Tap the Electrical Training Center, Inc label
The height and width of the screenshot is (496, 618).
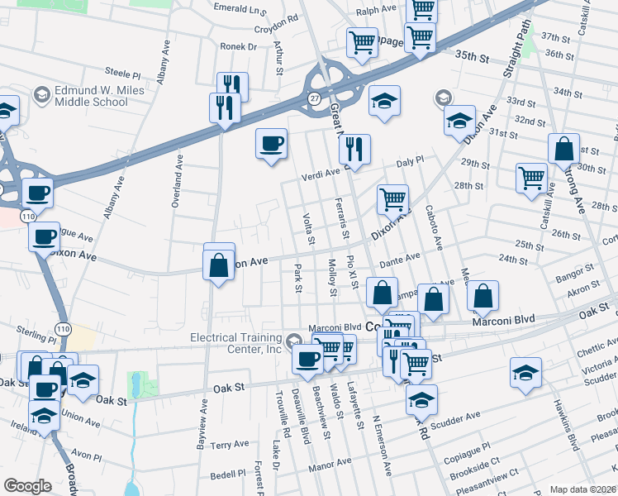coord(236,343)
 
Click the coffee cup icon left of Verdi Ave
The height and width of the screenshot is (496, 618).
coord(271,145)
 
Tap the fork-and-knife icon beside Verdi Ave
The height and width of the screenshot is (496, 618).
coord(354,149)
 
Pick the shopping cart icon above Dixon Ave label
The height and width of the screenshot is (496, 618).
coord(392,199)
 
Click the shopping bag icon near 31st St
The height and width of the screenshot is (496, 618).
coord(564,150)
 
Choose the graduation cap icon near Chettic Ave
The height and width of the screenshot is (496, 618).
coord(525,371)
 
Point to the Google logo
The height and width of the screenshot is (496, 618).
coord(27,486)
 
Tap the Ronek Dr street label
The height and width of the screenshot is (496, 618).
coord(238,47)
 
